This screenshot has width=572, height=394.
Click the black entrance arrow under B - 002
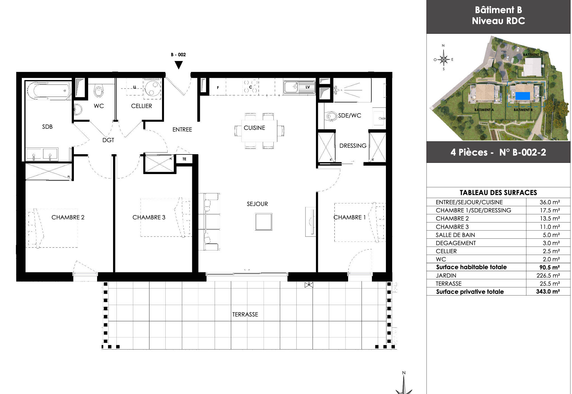(179, 65)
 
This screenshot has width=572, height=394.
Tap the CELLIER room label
(141, 106)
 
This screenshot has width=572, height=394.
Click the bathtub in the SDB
(49, 90)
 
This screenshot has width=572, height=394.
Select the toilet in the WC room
(99, 90)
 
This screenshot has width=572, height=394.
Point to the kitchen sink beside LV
(291, 87)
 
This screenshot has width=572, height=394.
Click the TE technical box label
(184, 159)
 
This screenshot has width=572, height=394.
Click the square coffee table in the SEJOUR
(264, 222)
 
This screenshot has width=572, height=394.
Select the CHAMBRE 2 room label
(68, 217)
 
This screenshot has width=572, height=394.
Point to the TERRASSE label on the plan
(245, 315)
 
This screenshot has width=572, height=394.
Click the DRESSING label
(353, 146)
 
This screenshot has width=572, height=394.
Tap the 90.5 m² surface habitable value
(550, 267)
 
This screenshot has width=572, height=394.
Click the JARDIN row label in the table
(446, 276)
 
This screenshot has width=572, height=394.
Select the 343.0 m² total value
(548, 292)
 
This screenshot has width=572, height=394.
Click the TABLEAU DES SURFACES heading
(498, 193)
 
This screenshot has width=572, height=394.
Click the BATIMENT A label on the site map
(484, 110)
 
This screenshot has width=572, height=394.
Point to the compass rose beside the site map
(444, 59)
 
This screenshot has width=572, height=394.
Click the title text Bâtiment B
(498, 10)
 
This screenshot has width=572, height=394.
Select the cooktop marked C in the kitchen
(250, 87)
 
